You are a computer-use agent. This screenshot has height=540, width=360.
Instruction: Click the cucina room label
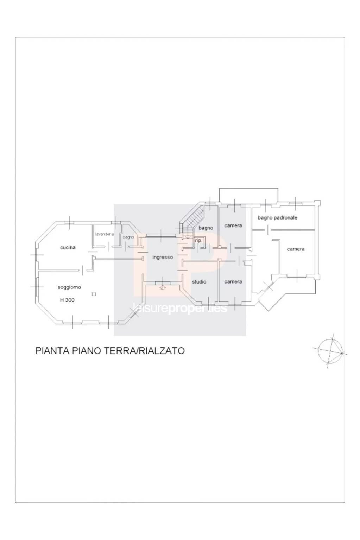(x=68, y=248)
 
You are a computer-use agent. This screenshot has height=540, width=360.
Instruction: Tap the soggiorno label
(x=69, y=287)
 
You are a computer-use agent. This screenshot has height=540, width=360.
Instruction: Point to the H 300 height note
(x=67, y=300)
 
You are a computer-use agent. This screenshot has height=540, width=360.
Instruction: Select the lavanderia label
(x=104, y=234)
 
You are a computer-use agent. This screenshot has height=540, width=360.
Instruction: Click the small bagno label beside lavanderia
(x=128, y=237)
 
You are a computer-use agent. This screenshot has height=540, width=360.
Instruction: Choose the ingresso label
(x=163, y=257)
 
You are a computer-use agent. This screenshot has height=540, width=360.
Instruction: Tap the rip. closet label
(x=198, y=241)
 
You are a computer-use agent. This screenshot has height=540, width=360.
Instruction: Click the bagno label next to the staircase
(x=206, y=228)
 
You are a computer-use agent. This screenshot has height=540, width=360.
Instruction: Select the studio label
(x=199, y=282)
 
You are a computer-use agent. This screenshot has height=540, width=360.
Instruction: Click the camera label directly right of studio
(x=233, y=282)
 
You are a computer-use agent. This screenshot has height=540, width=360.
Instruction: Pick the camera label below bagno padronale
(x=296, y=249)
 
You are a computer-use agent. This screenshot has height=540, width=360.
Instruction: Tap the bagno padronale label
(x=277, y=218)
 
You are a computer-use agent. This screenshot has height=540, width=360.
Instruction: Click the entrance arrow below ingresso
(x=162, y=287)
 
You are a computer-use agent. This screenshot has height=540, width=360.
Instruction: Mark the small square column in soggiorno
(x=93, y=294)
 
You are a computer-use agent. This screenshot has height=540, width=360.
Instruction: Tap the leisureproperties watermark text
(x=179, y=309)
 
